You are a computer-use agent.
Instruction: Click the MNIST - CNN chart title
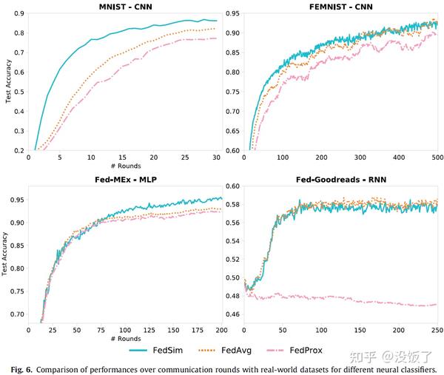121,7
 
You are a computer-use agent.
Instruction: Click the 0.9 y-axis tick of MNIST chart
17,14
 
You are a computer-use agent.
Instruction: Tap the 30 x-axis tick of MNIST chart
215,158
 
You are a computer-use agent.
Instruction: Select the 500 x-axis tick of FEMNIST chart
436,158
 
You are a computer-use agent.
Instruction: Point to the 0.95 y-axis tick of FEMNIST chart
231,14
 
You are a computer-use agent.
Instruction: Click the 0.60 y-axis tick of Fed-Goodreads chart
231,186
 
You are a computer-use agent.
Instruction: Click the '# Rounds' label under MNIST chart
121,166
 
